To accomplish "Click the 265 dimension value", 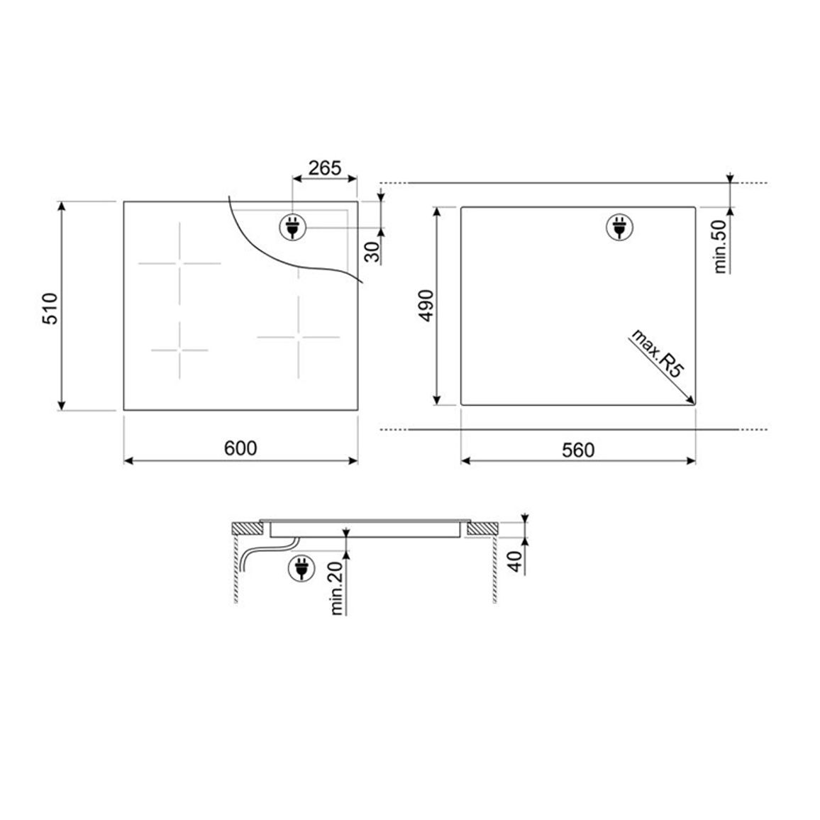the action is (324, 168).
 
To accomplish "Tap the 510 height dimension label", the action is (50, 309).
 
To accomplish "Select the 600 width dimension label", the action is (240, 448).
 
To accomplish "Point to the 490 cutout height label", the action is (426, 306).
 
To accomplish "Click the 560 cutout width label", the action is (578, 450).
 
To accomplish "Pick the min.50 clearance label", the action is (720, 246).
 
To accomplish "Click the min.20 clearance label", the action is (337, 587).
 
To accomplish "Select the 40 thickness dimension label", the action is (516, 562).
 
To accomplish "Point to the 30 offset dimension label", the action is (372, 253).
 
